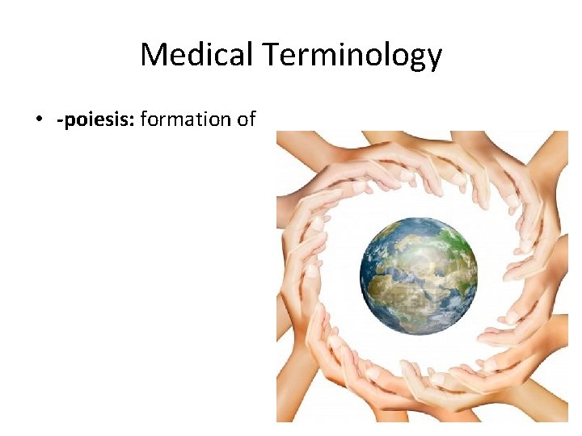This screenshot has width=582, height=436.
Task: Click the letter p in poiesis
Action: (68, 122)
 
